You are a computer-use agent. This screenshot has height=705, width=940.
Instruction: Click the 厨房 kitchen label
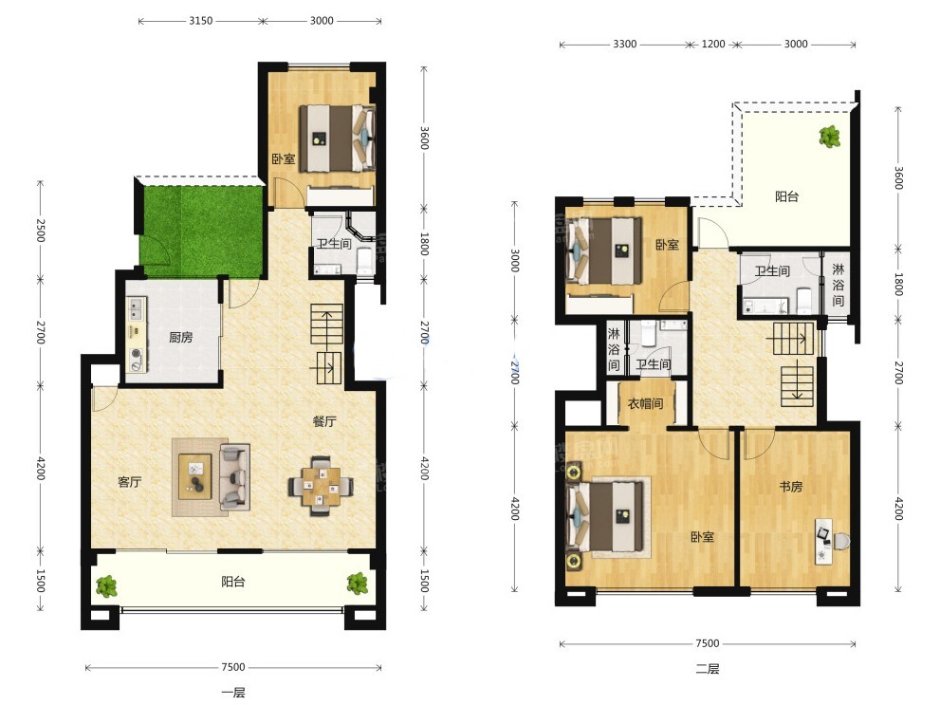pyautogui.click(x=180, y=338)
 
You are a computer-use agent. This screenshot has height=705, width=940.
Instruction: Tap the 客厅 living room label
pyautogui.click(x=130, y=482)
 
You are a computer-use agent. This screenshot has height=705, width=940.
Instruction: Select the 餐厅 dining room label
pyautogui.click(x=324, y=421)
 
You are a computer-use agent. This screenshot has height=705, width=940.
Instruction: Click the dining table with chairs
pyautogui.click(x=321, y=486)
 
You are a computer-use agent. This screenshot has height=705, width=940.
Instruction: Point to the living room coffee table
pyautogui.click(x=194, y=477)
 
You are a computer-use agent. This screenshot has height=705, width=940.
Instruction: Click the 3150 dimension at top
pyautogui.click(x=201, y=20)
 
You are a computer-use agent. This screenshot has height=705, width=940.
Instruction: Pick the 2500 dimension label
pyautogui.click(x=40, y=230)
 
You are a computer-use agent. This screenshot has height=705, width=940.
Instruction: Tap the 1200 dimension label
pyautogui.click(x=712, y=44)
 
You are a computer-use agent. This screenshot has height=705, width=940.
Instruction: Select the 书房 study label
pyautogui.click(x=791, y=487)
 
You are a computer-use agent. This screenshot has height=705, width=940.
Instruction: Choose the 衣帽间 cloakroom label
pyautogui.click(x=646, y=403)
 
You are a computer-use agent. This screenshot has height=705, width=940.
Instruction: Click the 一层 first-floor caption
pyautogui.click(x=233, y=693)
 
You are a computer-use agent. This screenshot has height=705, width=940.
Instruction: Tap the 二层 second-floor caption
pyautogui.click(x=708, y=669)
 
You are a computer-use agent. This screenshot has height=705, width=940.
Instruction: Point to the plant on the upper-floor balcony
pyautogui.click(x=830, y=137)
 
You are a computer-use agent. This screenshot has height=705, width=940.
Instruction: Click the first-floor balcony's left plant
pyautogui.click(x=106, y=585)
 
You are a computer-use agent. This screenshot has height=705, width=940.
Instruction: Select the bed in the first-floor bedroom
pyautogui.click(x=337, y=139)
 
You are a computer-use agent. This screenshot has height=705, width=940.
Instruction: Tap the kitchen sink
pyautogui.click(x=136, y=308)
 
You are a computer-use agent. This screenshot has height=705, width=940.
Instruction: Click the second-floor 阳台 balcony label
pyautogui.click(x=786, y=196)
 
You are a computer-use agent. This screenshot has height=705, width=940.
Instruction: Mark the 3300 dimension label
pyautogui.click(x=625, y=44)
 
